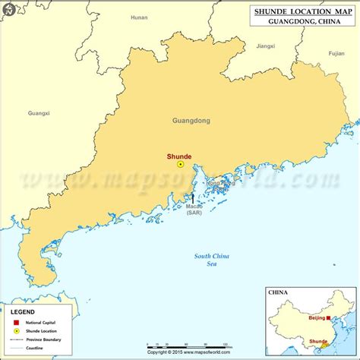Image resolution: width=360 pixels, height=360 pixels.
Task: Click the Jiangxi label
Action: [266, 46]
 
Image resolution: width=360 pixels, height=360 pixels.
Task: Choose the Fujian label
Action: [336, 54]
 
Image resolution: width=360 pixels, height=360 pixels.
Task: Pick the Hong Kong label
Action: [222, 185]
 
